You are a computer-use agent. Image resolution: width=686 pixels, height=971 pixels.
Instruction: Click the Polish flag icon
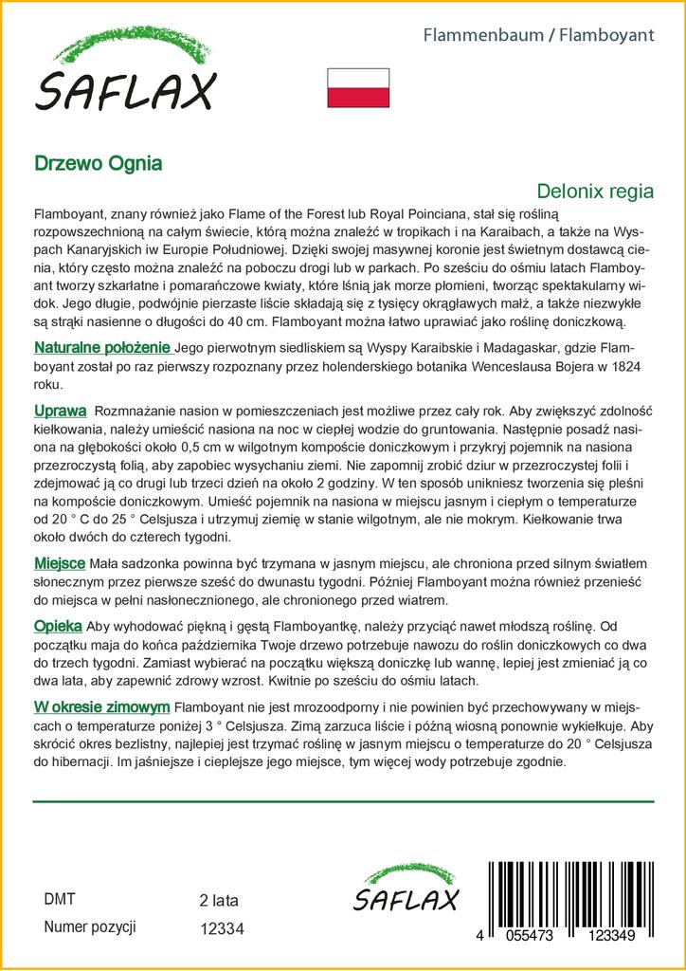(x=358, y=87)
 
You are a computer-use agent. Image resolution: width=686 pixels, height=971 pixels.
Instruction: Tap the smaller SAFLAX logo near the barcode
(x=406, y=891)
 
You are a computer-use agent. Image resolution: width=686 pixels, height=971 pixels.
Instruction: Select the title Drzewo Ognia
(x=99, y=162)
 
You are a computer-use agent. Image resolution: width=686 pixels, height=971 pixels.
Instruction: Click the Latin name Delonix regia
(x=595, y=191)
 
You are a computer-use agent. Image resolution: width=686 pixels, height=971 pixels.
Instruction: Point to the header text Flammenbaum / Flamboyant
(x=537, y=35)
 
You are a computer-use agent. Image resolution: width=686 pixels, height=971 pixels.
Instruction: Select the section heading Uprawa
(x=61, y=411)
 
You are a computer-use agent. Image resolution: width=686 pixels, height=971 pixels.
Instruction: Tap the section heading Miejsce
(x=61, y=563)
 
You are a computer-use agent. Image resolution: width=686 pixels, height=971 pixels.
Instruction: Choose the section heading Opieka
(x=58, y=627)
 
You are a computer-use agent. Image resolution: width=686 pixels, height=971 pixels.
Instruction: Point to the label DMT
(x=60, y=899)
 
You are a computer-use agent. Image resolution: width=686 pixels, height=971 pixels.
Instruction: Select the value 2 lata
(x=219, y=900)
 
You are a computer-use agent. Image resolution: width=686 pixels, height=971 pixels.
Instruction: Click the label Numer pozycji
(x=91, y=926)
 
